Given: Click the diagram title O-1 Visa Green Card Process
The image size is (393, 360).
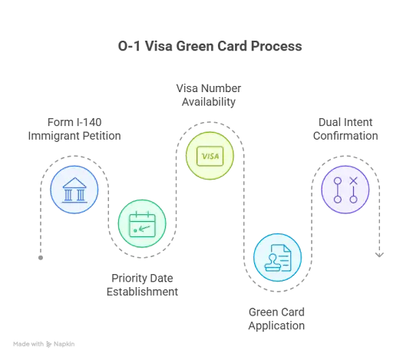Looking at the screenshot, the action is [x=210, y=46].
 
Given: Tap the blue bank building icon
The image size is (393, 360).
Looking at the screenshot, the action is [x=74, y=190].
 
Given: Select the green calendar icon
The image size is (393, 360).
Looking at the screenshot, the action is [x=142, y=224].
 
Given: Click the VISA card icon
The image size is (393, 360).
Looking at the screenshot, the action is [x=210, y=156].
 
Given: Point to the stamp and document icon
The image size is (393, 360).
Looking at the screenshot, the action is [x=278, y=258].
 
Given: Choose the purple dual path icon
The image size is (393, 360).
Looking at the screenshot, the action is [x=345, y=190].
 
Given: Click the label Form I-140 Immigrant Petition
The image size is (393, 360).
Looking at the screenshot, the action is [x=74, y=129].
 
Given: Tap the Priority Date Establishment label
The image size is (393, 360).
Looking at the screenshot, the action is [x=142, y=285].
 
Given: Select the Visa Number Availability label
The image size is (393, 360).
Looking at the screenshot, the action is [x=209, y=95].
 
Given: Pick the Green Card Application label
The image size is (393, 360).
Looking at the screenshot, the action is [x=276, y=319].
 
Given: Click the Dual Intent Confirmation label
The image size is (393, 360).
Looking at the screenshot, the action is [x=345, y=129].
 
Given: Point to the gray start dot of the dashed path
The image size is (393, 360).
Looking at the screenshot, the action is [x=41, y=258].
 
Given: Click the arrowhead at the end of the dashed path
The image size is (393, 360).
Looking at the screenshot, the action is [x=379, y=255].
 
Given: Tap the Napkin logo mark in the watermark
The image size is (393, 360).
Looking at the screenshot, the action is [x=48, y=345].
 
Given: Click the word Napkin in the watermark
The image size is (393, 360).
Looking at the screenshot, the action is [x=64, y=344].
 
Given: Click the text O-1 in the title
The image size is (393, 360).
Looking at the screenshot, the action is [x=129, y=46].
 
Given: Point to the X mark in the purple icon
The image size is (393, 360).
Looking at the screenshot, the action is [x=354, y=181].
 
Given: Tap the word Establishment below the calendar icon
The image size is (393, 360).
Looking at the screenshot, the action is [x=142, y=292].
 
